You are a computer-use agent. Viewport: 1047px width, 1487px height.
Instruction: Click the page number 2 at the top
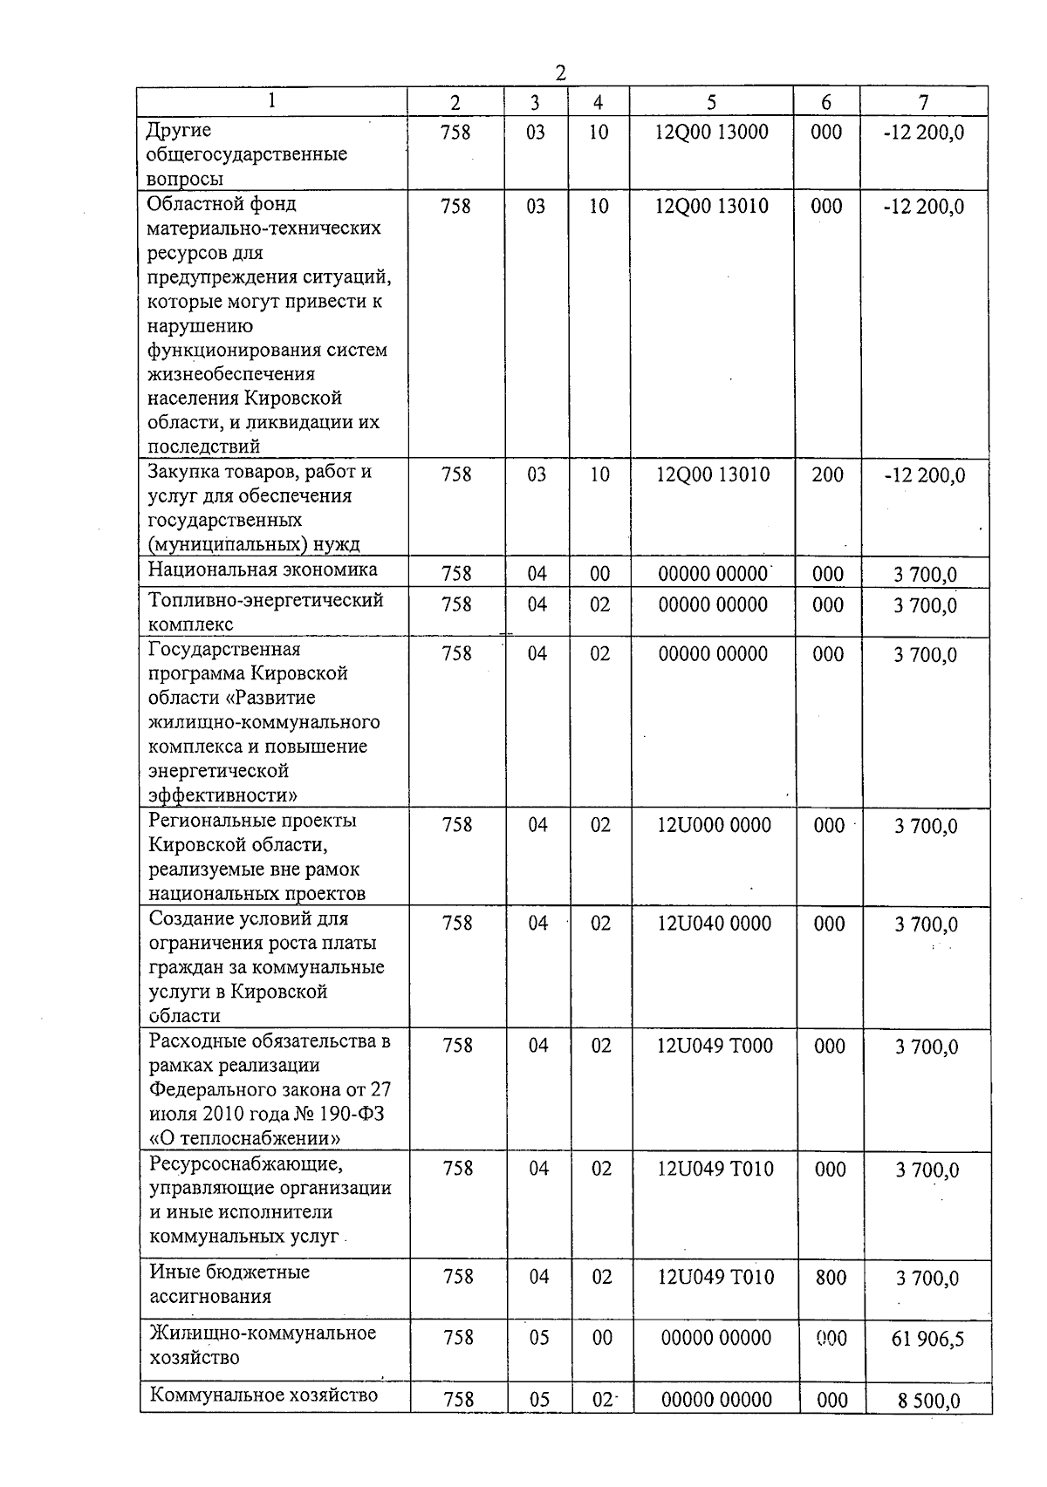[x=560, y=73]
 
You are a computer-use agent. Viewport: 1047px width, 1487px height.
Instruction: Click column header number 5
[x=711, y=102]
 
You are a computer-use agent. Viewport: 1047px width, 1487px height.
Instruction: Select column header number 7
[x=923, y=102]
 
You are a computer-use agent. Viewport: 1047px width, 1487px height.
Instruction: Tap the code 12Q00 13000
[x=711, y=133]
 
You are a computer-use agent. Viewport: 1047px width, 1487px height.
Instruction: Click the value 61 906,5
[x=927, y=1338]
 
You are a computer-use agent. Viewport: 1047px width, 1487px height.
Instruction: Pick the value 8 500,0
[x=928, y=1401]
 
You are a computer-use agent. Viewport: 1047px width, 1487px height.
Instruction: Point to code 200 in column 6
[x=827, y=475]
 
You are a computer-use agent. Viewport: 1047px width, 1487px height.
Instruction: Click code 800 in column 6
[x=830, y=1278]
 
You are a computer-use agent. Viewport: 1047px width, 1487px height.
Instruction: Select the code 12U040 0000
[x=714, y=924]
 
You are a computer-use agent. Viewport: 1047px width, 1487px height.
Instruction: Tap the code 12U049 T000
[x=715, y=1046]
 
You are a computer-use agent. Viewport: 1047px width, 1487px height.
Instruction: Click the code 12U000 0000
[x=714, y=825]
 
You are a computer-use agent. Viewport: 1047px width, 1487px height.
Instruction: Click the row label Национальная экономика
[x=263, y=570]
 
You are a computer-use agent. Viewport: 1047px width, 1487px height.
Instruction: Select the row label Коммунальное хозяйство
[x=263, y=1395]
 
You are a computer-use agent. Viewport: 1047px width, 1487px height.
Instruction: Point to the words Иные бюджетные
[x=229, y=1272]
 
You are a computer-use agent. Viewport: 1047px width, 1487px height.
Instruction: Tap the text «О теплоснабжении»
[x=244, y=1138]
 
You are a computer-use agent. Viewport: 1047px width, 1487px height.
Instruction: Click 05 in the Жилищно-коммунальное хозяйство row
[x=538, y=1338]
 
